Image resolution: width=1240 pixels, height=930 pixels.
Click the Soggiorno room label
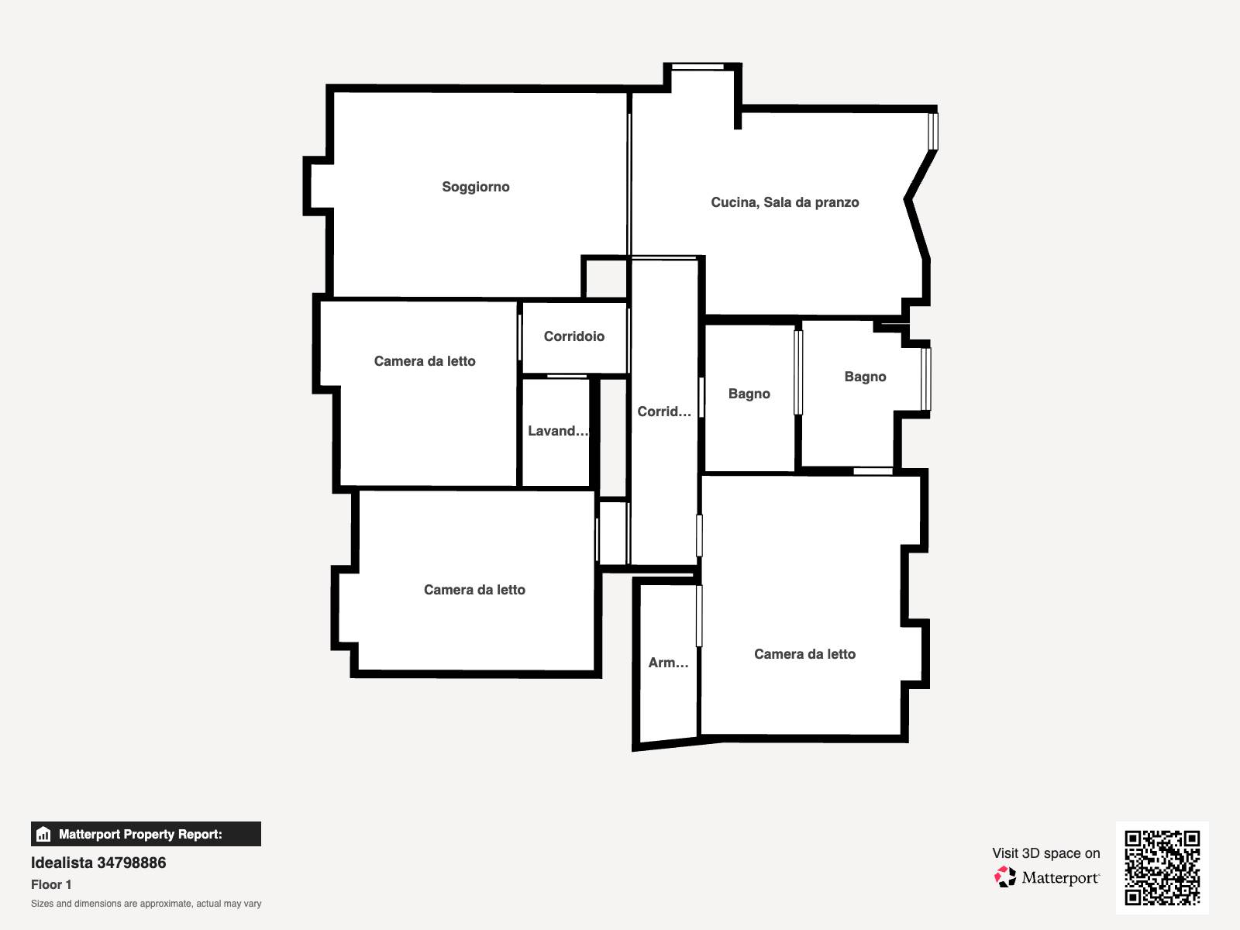point(476,187)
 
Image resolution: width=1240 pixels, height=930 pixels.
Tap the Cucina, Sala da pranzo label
point(784,202)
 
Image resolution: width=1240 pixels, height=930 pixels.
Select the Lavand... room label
point(557,431)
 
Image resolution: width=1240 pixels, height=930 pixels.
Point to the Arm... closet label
point(668,663)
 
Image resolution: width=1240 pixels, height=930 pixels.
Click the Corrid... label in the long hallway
point(663,412)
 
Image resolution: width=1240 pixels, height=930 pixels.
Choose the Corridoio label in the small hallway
point(574,336)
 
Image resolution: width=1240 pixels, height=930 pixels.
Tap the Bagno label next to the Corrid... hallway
point(749,394)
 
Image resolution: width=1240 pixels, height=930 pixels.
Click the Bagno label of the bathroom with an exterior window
point(865,377)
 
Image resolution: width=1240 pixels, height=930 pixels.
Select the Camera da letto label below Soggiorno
point(425,361)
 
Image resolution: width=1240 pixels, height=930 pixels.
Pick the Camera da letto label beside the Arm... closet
point(804,654)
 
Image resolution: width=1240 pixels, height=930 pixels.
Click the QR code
point(1162,868)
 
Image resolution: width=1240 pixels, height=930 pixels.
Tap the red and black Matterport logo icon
point(1005,877)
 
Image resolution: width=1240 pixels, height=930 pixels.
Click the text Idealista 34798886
point(98,863)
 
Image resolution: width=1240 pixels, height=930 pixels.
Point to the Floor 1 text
point(51,884)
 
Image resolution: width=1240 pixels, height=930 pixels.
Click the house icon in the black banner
point(43,834)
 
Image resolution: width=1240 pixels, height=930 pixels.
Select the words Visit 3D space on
point(1045,853)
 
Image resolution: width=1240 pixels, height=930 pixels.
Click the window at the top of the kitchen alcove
point(697,67)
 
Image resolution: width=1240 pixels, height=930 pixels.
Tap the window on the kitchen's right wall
point(933,132)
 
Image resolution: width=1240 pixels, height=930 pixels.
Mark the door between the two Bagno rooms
point(798,373)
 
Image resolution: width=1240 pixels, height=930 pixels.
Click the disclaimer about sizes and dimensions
point(146,904)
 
